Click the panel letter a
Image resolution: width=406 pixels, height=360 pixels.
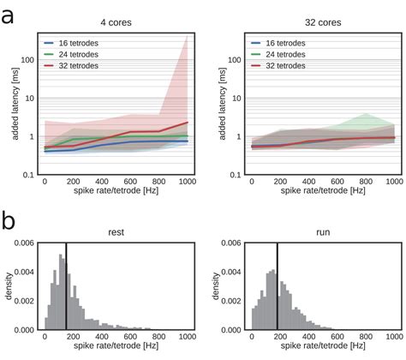[x=9, y=17]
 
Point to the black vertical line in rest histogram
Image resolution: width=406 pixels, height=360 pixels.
[x=66, y=287]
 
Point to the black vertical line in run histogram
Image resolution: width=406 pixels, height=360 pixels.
[x=277, y=287]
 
